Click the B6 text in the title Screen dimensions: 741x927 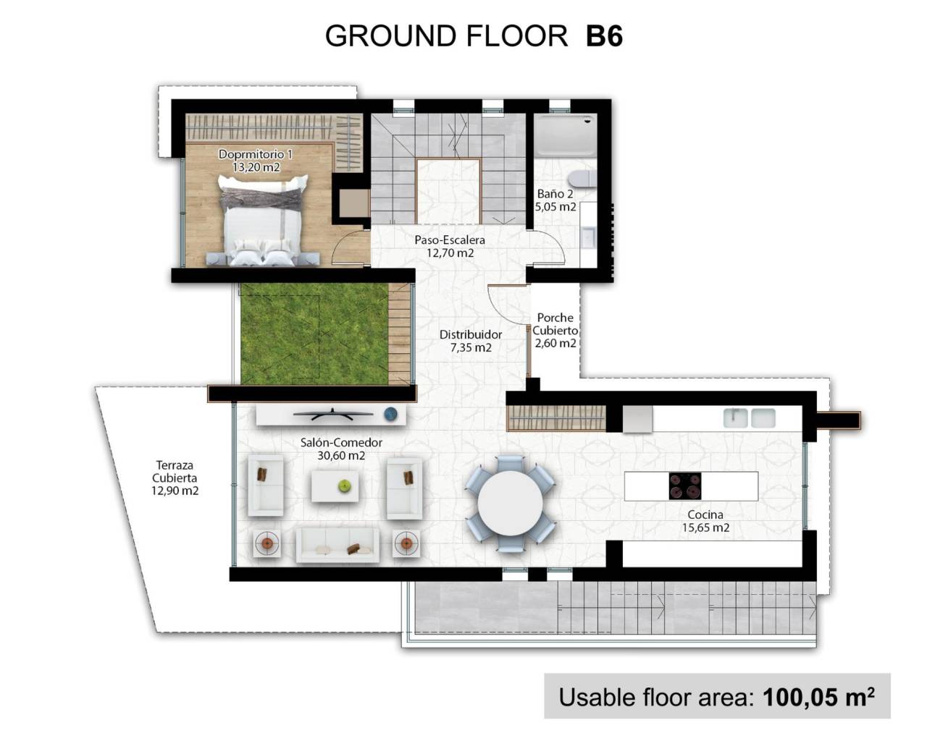tap(604, 35)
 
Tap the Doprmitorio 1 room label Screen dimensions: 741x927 tap(256, 154)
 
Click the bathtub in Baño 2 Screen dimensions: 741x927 tap(565, 135)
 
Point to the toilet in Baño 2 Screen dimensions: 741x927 tap(580, 177)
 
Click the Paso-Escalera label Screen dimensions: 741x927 tap(450, 240)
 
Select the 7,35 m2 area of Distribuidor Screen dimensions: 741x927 tap(471, 347)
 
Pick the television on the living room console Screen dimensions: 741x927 tap(332, 415)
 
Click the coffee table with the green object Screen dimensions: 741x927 tap(335, 486)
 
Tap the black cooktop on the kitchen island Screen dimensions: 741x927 tap(684, 486)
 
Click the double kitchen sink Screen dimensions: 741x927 tap(750, 418)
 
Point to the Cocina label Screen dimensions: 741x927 tap(705, 515)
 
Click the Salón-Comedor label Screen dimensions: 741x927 tap(341, 442)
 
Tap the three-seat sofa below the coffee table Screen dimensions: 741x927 tap(337, 543)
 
